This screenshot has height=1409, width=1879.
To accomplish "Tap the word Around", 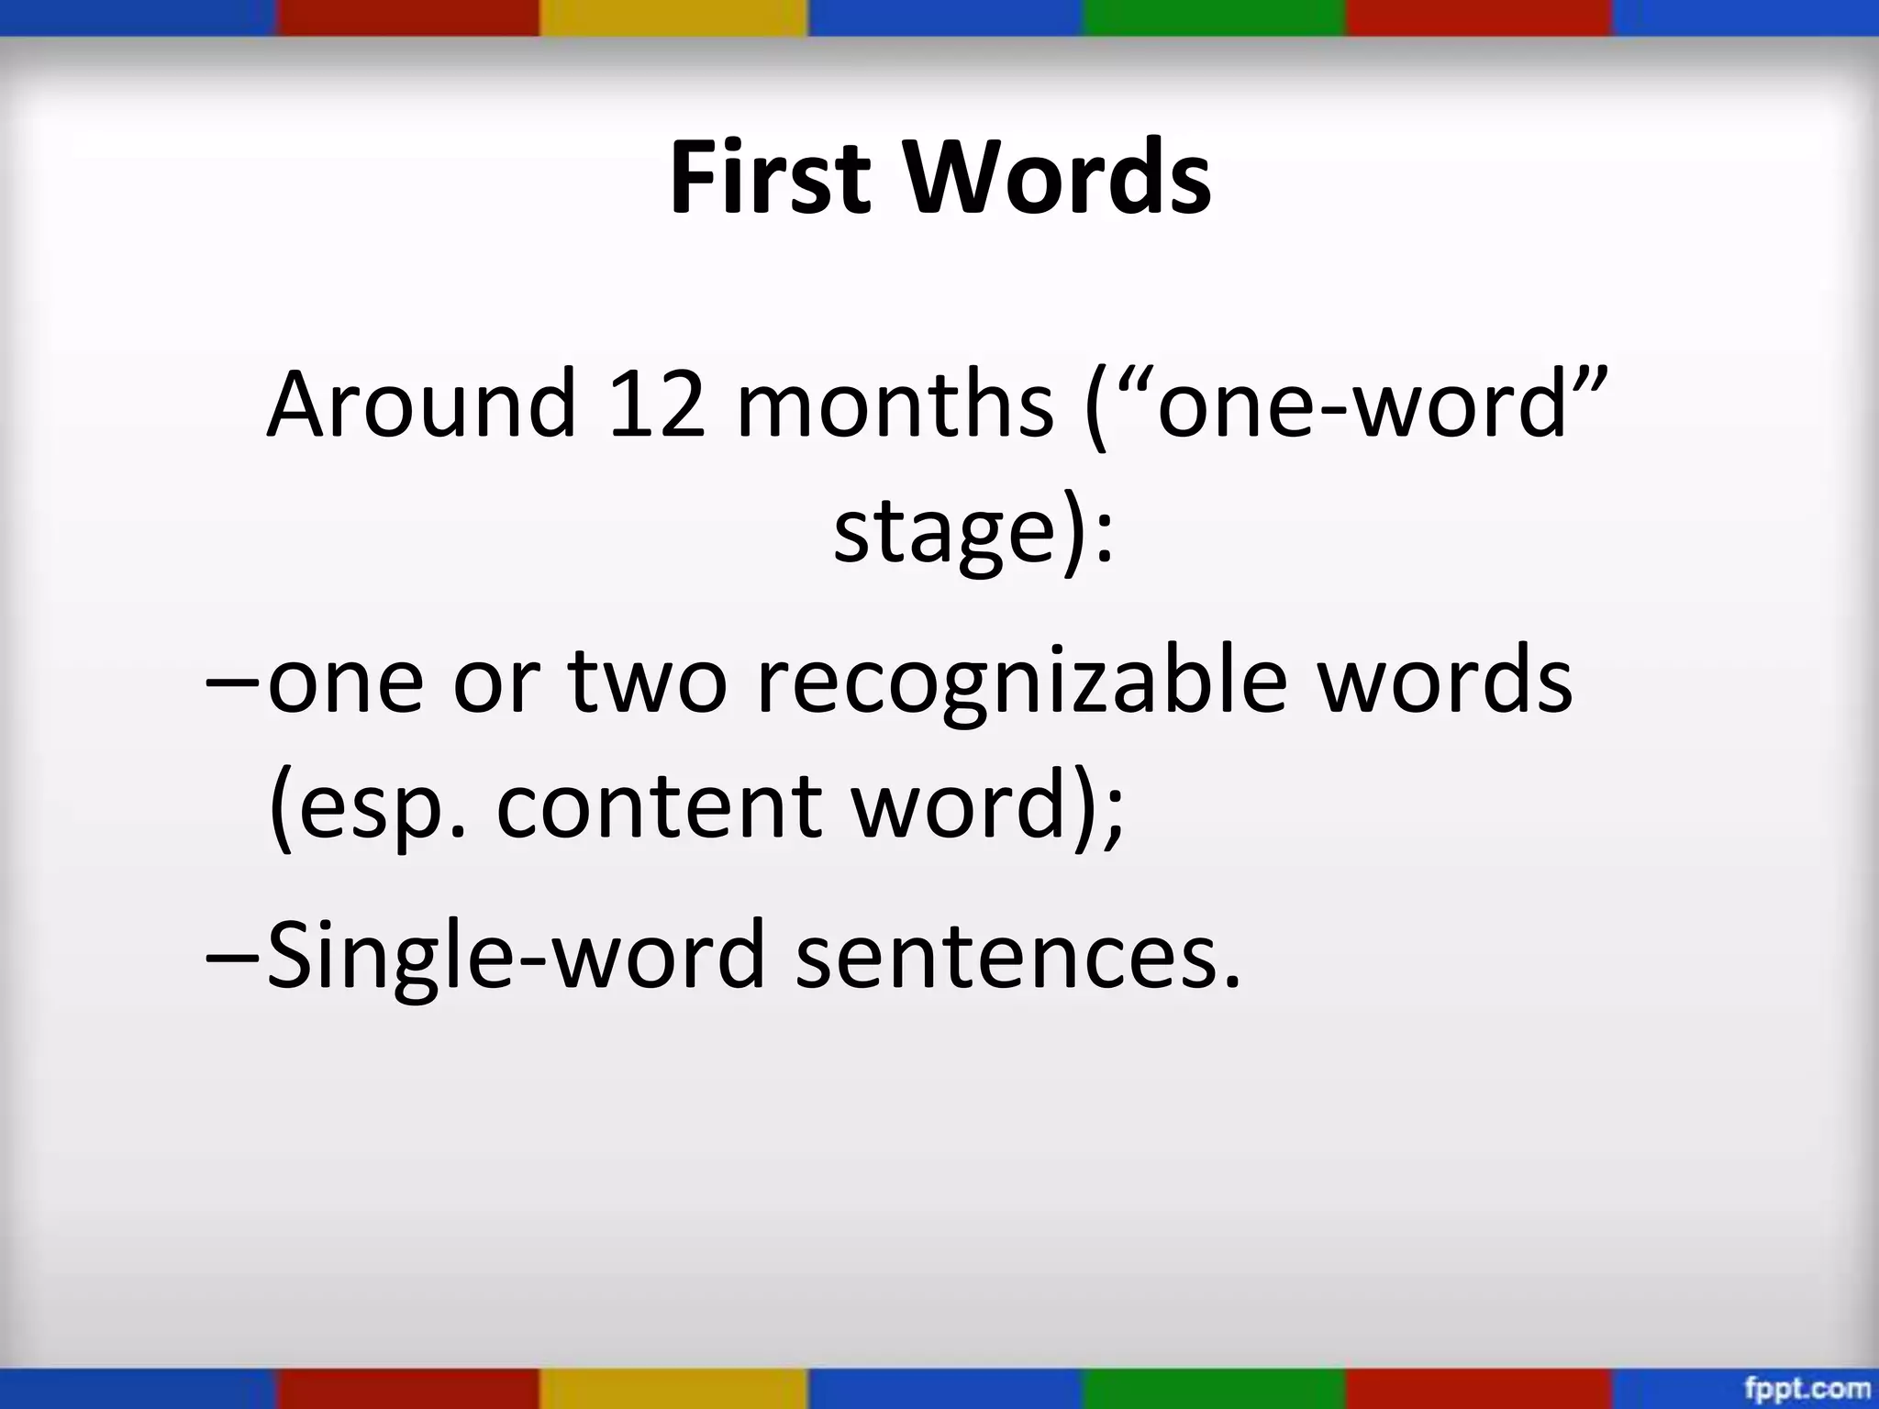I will coord(421,404).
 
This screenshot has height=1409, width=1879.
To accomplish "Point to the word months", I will coord(895,404).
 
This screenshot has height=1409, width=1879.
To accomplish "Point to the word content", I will coord(659,807).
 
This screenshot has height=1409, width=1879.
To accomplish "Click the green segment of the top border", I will coord(1213,17).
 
